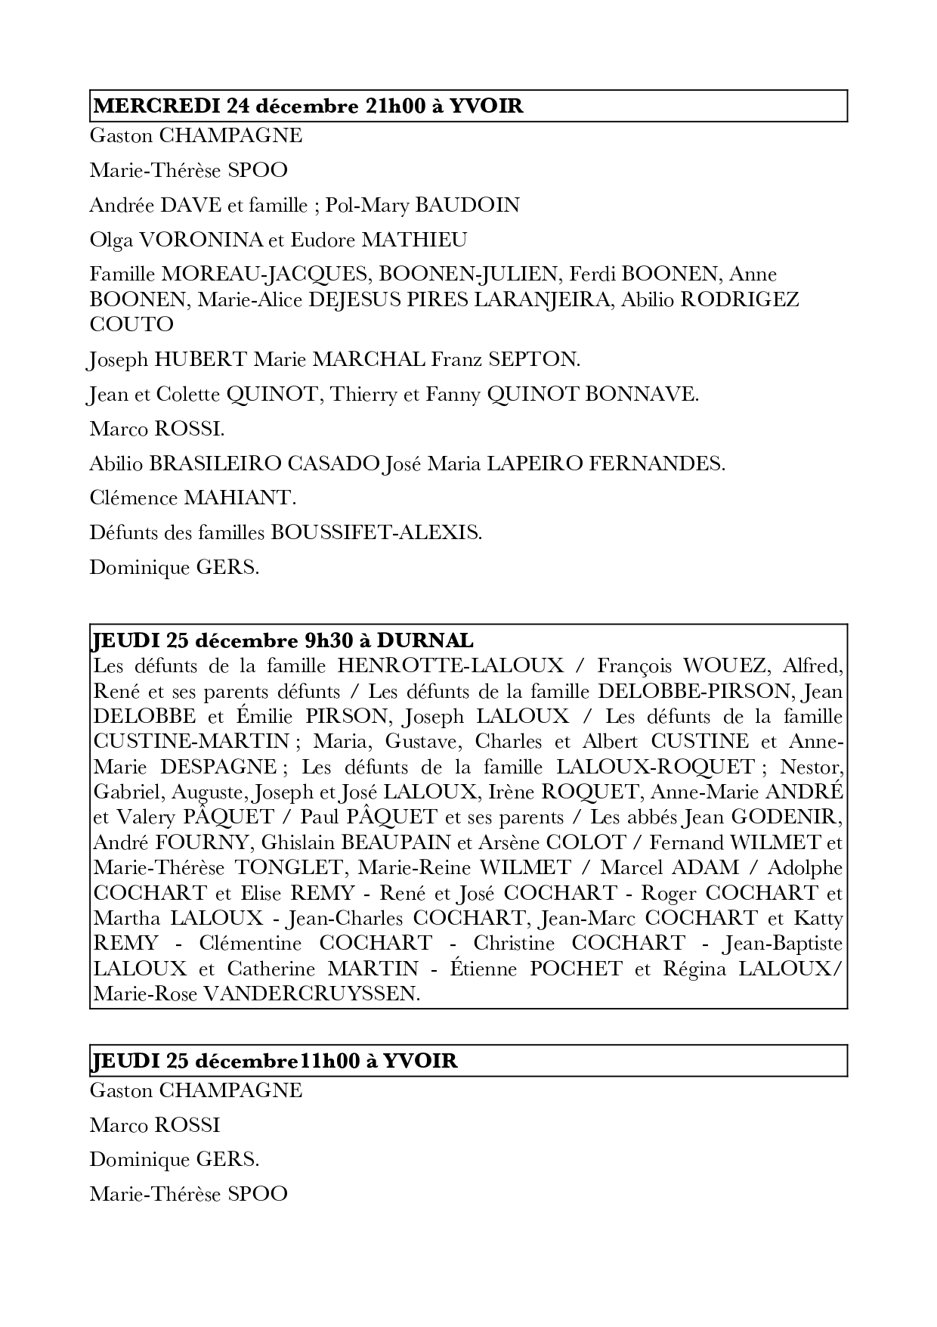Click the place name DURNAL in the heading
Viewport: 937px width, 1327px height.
(425, 640)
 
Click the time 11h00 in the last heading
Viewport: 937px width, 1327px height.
(328, 1061)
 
